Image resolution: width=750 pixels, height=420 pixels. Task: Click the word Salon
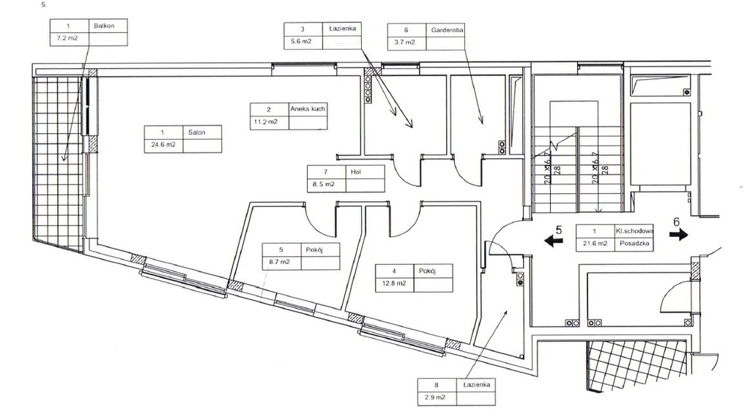click(196, 132)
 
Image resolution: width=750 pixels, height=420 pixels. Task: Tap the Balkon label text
click(103, 26)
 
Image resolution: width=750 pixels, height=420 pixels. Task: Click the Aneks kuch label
click(308, 109)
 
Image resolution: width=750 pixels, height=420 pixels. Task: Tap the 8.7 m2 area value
click(279, 261)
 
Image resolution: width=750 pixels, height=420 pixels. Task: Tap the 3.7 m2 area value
click(405, 42)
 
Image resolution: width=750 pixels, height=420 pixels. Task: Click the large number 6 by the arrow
click(677, 220)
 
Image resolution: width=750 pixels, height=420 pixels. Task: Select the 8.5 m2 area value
click(324, 184)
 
